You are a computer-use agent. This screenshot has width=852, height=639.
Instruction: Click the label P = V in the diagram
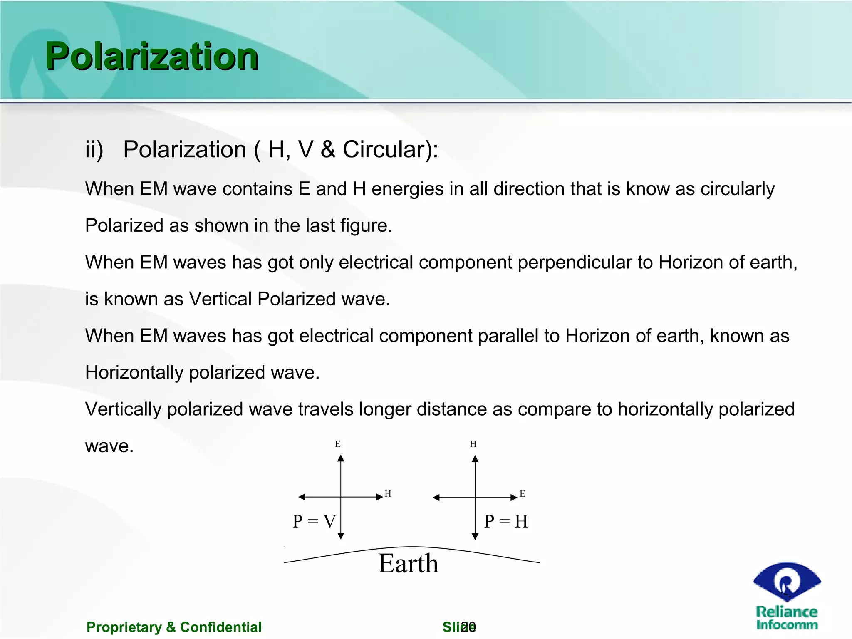(x=314, y=521)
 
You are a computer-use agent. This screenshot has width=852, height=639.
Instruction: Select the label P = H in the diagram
(x=506, y=521)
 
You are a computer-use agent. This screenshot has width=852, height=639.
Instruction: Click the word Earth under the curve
(x=408, y=564)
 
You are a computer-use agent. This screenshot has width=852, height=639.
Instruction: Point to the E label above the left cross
(x=338, y=444)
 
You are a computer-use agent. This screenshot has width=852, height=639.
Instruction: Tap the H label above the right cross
(x=473, y=444)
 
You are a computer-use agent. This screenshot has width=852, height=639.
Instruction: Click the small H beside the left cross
(x=388, y=494)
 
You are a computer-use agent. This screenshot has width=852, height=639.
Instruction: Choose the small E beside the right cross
(x=523, y=494)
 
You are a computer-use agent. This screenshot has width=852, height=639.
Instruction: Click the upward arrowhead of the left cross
(x=341, y=458)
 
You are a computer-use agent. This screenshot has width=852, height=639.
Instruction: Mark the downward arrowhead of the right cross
(x=475, y=536)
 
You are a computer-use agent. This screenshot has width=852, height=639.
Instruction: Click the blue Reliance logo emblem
(x=787, y=581)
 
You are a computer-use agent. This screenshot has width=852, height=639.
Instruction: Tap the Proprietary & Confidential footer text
(x=174, y=627)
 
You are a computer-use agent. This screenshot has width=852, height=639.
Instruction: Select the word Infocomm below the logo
(x=787, y=625)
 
